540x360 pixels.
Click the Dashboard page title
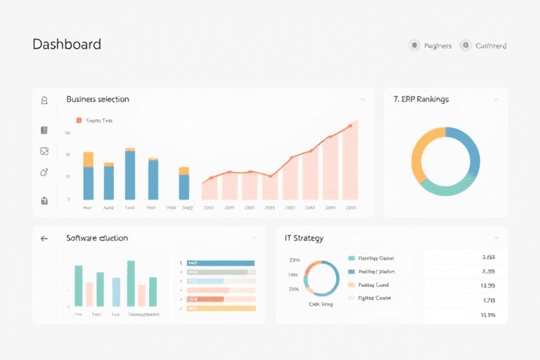pos(67,44)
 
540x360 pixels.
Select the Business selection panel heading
pos(97,99)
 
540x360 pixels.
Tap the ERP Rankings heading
pos(421,99)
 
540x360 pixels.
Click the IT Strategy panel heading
pos(304,238)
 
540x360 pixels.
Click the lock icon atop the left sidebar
pos(44,101)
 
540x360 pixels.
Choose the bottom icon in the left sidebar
pos(44,200)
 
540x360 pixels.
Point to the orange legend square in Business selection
pos(79,120)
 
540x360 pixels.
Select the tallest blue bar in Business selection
pos(130,175)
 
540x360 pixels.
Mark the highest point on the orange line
pos(350,127)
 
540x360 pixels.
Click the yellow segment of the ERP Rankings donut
pos(418,153)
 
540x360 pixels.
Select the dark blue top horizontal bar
pos(221,263)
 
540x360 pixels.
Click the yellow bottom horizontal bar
pos(221,308)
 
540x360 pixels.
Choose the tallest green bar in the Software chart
pos(131,283)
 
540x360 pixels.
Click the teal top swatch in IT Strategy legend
pos(352,258)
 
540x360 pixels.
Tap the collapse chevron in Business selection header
pos(362,100)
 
